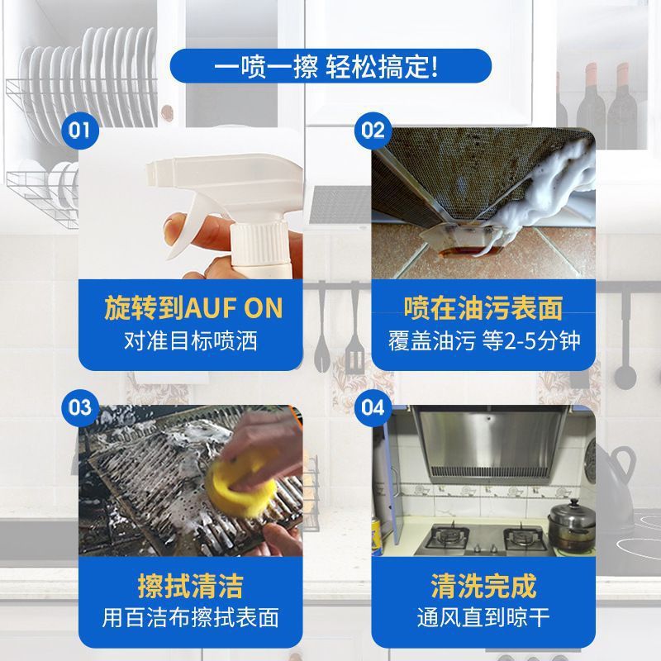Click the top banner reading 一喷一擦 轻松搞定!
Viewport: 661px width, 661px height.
(330, 64)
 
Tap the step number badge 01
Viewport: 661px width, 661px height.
(80, 130)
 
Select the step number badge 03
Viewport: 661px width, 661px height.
(80, 407)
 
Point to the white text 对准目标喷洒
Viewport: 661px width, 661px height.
(192, 340)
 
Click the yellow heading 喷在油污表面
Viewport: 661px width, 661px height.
(483, 308)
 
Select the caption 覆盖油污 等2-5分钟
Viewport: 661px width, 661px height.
(483, 340)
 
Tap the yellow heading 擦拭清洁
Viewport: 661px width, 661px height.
(192, 586)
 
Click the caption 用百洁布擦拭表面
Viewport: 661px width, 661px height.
(192, 617)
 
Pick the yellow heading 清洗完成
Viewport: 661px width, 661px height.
(483, 586)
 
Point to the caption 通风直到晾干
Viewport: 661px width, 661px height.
(483, 617)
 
